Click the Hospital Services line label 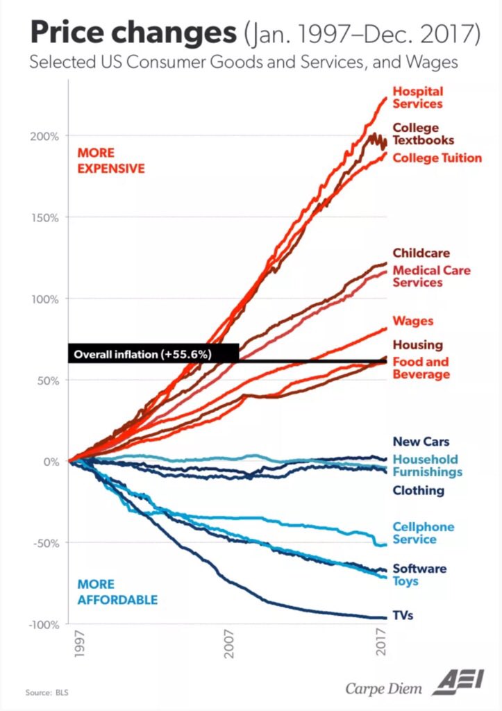(x=417, y=97)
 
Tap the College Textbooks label (x=424, y=134)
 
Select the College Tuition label (x=437, y=158)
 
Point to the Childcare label (x=421, y=253)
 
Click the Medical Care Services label (x=431, y=276)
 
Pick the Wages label (x=412, y=321)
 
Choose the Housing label (x=417, y=344)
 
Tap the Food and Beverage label (x=421, y=368)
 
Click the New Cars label (x=421, y=441)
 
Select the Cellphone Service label (x=423, y=533)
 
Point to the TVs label (x=403, y=615)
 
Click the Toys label (x=405, y=580)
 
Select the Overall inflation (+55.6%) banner (x=152, y=353)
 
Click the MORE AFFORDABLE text (x=117, y=592)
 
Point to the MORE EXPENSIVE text (x=111, y=160)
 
